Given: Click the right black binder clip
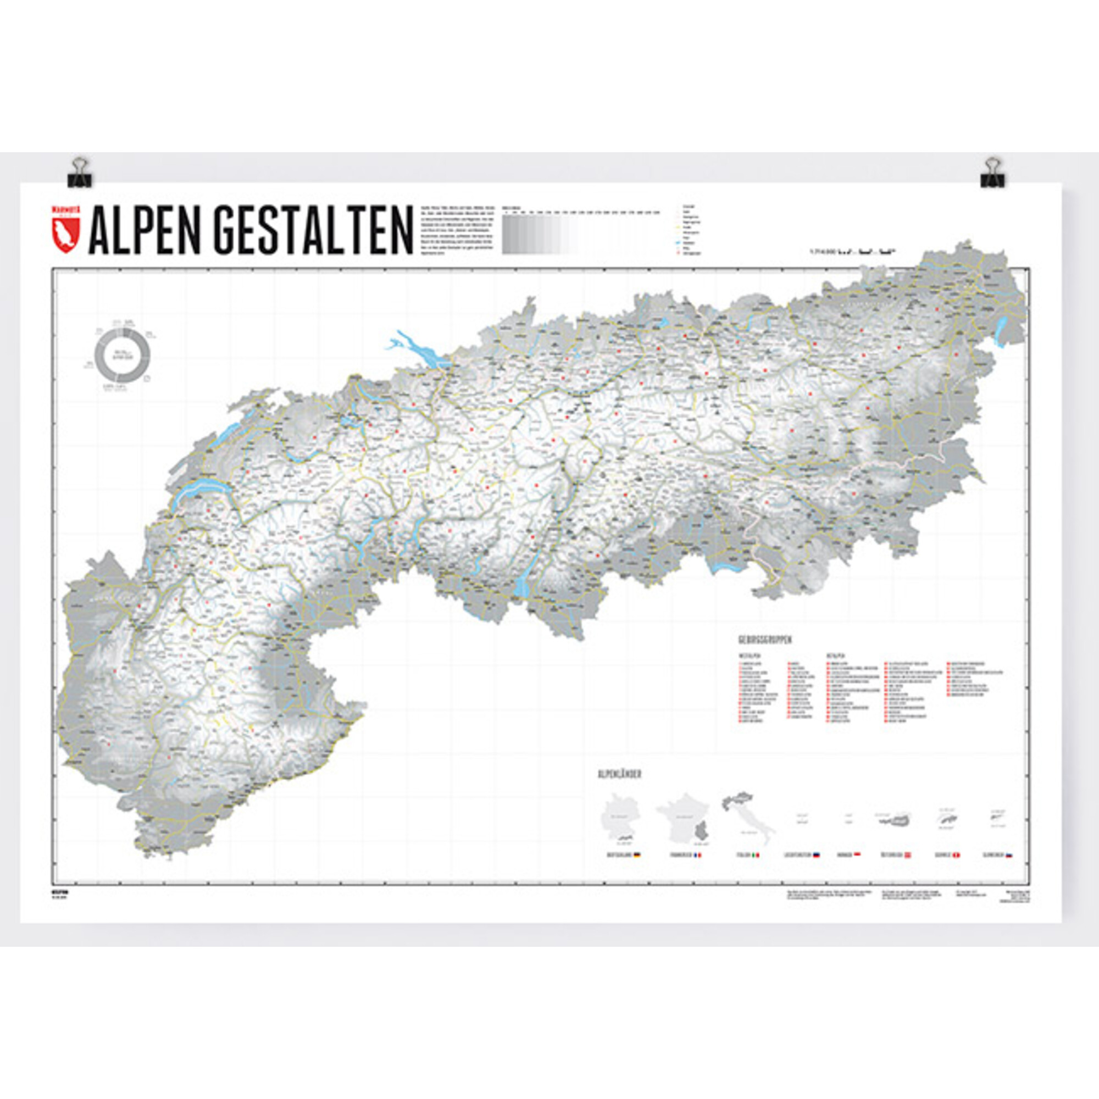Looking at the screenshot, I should click(992, 174).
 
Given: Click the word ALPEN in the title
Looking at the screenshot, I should click(148, 231).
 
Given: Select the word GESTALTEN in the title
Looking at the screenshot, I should click(314, 231).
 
